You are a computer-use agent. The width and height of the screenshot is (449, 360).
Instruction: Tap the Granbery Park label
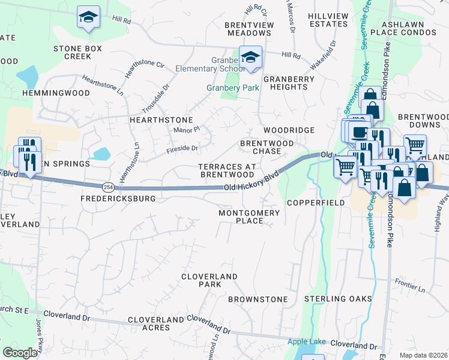coord(232,88)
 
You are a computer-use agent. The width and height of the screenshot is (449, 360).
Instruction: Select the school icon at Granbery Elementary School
coord(250,57)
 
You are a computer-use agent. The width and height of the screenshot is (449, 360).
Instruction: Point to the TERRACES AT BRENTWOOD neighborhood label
coord(227,170)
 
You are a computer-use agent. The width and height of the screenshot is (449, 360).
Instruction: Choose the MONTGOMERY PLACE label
coord(249,217)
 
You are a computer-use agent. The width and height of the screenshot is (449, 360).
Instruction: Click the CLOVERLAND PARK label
coord(209,280)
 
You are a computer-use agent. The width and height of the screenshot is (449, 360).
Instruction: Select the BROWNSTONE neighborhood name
coord(258,299)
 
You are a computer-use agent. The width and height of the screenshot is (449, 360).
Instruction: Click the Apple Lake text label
coord(306,341)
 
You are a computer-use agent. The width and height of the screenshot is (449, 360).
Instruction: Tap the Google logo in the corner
coord(20,353)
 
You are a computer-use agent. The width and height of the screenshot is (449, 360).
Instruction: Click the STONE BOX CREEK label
coord(77,52)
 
